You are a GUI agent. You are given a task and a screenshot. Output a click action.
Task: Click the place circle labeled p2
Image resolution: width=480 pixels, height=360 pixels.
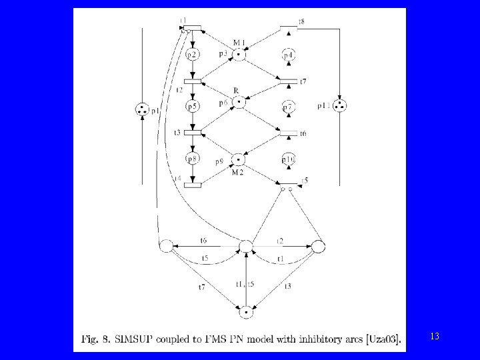click(x=192, y=55)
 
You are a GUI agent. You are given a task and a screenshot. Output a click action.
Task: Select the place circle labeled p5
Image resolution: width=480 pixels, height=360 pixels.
click(x=192, y=107)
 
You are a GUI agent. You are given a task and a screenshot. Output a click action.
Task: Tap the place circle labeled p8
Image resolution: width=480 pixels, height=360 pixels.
click(x=192, y=159)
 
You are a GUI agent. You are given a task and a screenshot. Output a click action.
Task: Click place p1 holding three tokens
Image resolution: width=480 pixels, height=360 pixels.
click(x=142, y=110)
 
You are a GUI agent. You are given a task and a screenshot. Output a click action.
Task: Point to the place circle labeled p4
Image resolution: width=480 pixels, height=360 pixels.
click(x=288, y=55)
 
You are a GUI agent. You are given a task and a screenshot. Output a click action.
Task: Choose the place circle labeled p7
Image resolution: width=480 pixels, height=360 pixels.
click(x=288, y=107)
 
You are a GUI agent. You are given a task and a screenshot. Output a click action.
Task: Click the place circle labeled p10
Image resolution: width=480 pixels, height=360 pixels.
click(x=288, y=159)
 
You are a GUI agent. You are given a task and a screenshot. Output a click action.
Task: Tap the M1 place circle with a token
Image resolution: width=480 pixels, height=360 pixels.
click(x=239, y=55)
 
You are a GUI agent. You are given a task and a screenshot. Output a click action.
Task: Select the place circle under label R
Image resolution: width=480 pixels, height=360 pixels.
click(x=239, y=103)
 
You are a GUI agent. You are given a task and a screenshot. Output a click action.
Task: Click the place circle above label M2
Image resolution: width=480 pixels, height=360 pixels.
click(x=239, y=159)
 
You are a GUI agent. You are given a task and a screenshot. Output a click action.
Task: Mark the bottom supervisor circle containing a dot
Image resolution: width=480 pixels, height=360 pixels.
click(x=247, y=310)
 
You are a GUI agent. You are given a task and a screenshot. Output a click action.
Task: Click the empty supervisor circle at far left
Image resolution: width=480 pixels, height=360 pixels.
click(x=166, y=247)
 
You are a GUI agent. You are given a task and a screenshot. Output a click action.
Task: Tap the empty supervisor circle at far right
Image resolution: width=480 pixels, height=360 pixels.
click(x=318, y=247)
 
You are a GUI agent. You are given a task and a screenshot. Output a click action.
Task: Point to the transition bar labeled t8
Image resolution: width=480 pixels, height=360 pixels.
click(x=288, y=28)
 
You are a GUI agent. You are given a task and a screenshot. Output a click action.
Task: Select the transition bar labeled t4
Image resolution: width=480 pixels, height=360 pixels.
click(x=192, y=184)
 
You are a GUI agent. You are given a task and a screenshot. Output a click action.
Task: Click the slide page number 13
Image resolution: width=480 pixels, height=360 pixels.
click(x=435, y=337)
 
